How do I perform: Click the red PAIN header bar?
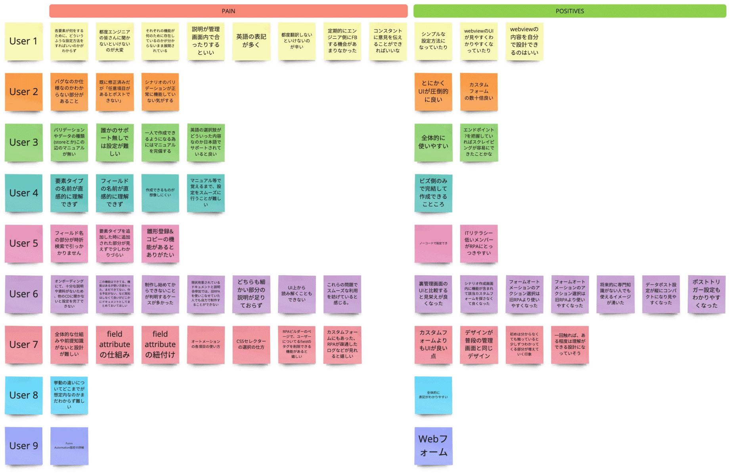[228, 11]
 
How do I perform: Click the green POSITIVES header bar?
[569, 11]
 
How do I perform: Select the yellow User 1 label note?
[24, 41]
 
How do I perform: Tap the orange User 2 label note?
[24, 92]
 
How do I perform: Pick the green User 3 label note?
[24, 143]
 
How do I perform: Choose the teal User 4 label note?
[24, 193]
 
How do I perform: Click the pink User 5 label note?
[24, 243]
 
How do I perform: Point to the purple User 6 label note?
[24, 294]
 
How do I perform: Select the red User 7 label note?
[24, 345]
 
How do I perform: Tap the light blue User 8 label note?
[24, 395]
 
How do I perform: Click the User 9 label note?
[24, 446]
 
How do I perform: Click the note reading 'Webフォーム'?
[433, 446]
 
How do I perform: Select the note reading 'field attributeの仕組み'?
[115, 345]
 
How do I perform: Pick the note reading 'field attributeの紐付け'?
[160, 345]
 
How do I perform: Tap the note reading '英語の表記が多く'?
[251, 41]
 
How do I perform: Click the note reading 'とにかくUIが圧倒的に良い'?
[433, 92]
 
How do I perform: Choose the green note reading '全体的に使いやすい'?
[433, 143]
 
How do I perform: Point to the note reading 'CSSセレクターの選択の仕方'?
[251, 345]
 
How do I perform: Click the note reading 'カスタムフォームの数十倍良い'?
[479, 92]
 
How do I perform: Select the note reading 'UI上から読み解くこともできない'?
[297, 294]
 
